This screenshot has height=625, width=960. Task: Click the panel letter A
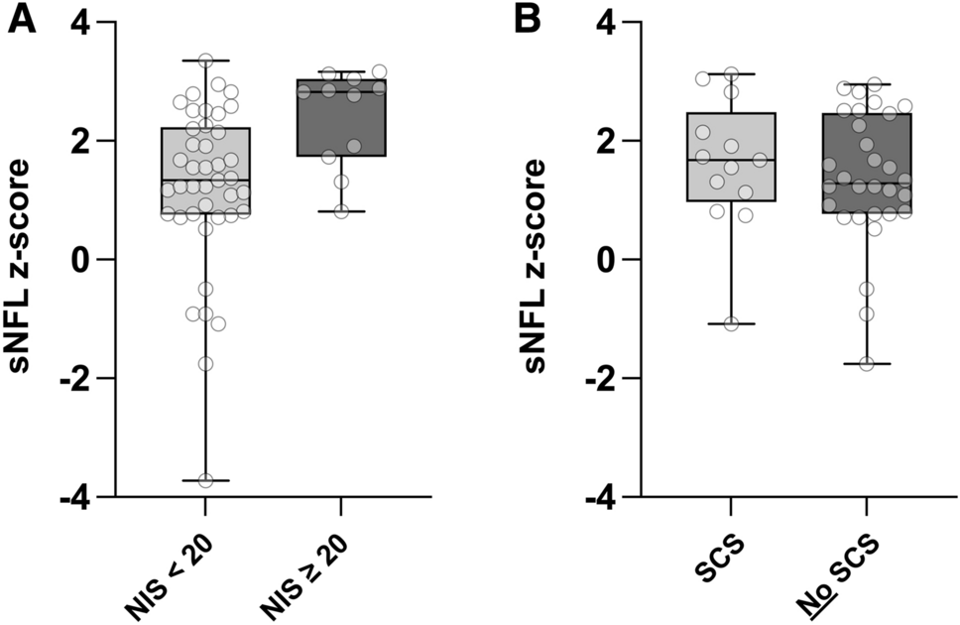tap(22, 20)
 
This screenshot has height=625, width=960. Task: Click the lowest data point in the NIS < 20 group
tap(206, 480)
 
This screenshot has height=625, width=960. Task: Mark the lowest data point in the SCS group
tap(732, 323)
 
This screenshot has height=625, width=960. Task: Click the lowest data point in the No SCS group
tap(867, 363)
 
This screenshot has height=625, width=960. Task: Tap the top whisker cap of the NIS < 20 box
tap(206, 61)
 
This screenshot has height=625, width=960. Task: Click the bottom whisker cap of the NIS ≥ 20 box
tap(341, 211)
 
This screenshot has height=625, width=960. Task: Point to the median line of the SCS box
tap(732, 160)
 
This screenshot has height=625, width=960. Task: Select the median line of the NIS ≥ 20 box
tap(341, 91)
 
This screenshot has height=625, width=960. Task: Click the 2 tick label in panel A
tap(87, 141)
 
